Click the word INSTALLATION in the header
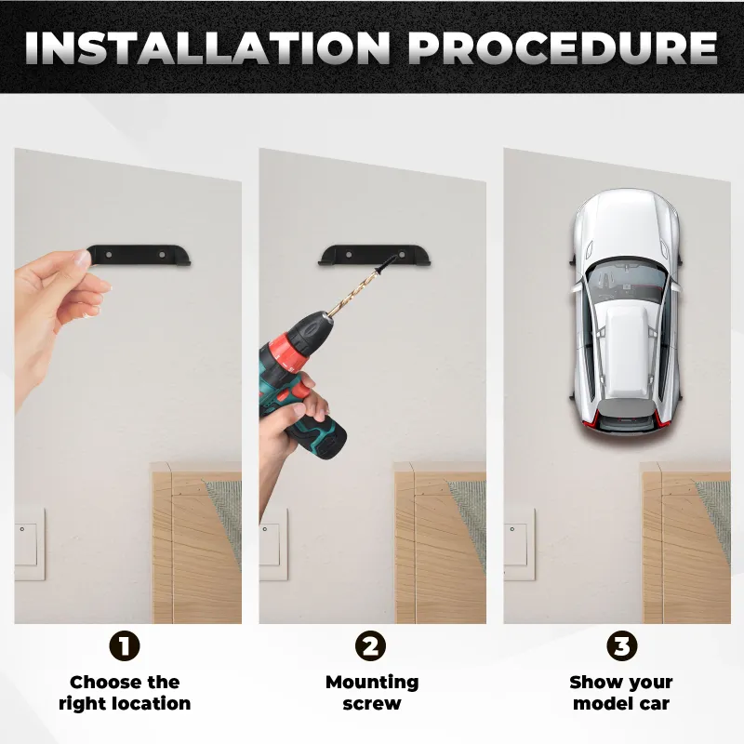tap(207, 47)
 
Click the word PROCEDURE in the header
tap(563, 47)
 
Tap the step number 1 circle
tap(125, 645)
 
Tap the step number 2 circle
tap(370, 645)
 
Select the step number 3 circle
tap(622, 645)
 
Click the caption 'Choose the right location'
tap(125, 693)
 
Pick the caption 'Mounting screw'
tap(372, 693)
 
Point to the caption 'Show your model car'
tap(621, 693)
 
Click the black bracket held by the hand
tap(139, 255)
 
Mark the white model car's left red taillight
tap(591, 417)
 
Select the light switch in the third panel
tap(518, 544)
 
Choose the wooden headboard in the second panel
tap(440, 542)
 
